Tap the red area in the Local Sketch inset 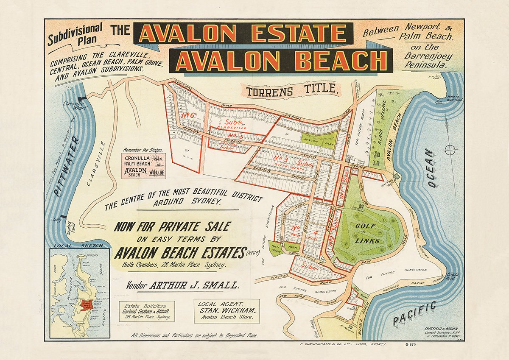pos(87,305)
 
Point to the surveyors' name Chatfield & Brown pos(433,327)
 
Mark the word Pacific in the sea pos(414,314)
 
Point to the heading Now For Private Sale pos(171,227)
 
